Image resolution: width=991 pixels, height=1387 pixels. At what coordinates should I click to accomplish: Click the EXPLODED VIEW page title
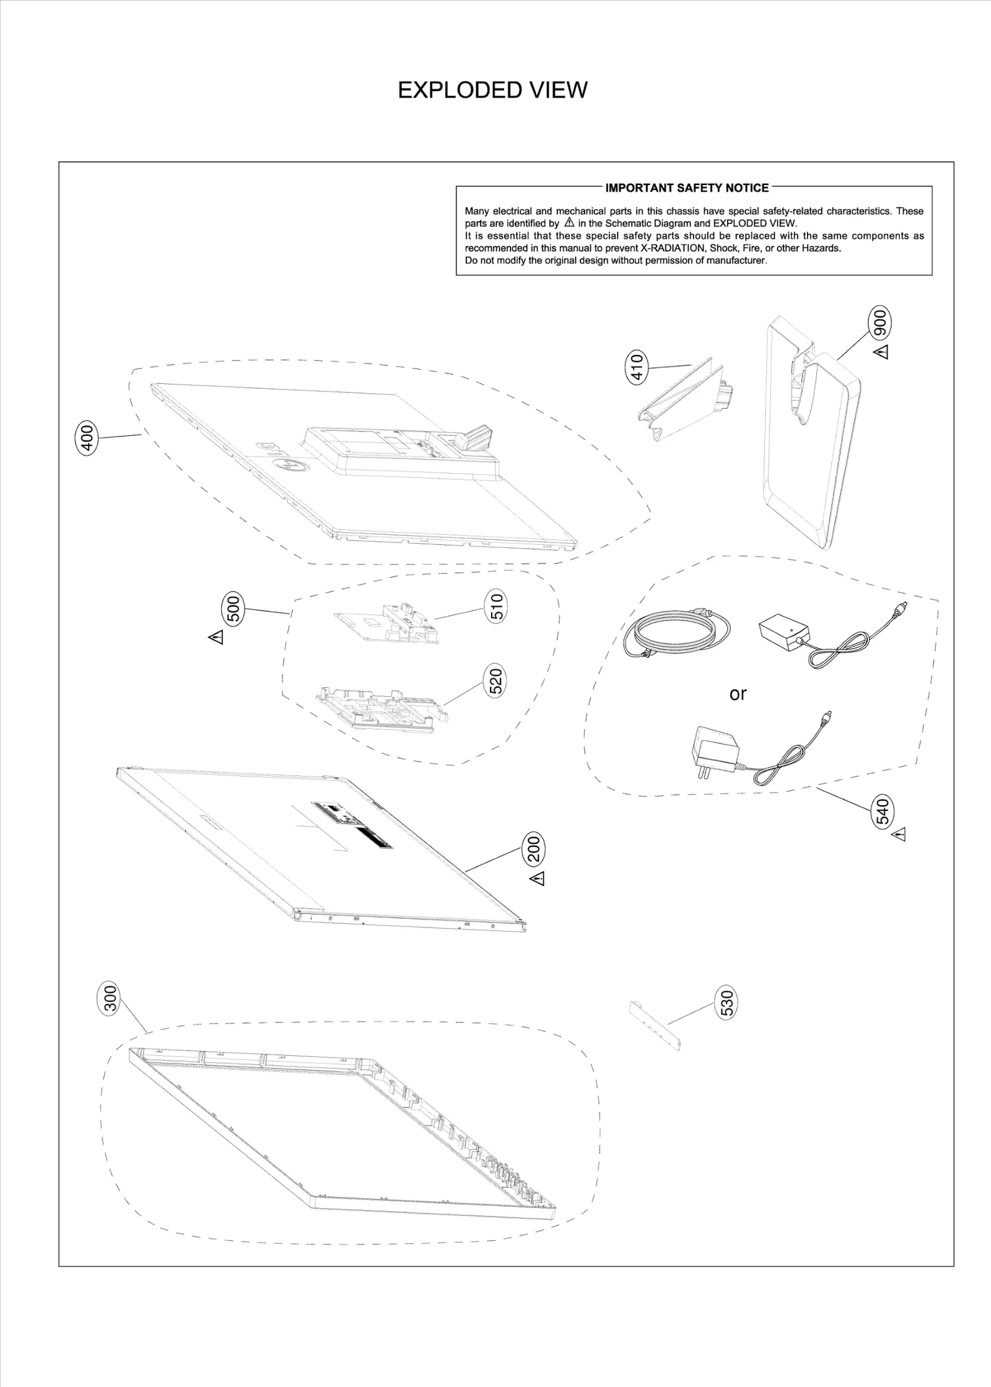coord(492,90)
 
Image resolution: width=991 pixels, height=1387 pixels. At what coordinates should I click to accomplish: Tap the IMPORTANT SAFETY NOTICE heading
coord(686,188)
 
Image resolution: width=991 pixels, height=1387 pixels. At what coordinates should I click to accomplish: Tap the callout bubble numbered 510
coord(497,605)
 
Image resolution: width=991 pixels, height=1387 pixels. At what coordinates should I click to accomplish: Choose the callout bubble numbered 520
coord(496,680)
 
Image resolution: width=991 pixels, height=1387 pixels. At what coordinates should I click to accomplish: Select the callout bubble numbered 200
coord(534,848)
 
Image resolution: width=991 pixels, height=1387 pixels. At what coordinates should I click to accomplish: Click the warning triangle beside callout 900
coord(881,352)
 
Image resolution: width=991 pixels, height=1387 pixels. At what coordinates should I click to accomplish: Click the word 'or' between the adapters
coord(738,694)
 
